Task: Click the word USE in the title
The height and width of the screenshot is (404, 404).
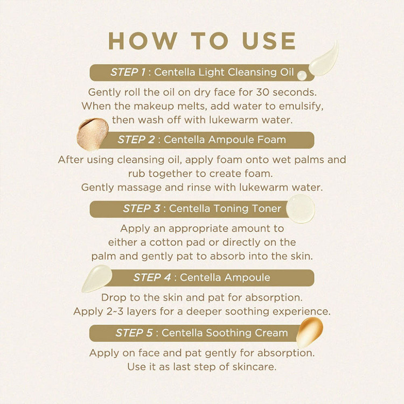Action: pyautogui.click(x=269, y=41)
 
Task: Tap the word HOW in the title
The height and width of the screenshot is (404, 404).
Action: pyautogui.click(x=143, y=41)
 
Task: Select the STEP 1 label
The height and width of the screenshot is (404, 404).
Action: pyautogui.click(x=128, y=72)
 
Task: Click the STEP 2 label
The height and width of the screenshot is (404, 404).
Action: pyautogui.click(x=136, y=140)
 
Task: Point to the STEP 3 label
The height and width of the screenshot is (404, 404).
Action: pyautogui.click(x=142, y=208)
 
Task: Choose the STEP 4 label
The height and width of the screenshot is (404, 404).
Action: pyautogui.click(x=152, y=277)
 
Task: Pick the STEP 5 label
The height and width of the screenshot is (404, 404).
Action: pyautogui.click(x=134, y=333)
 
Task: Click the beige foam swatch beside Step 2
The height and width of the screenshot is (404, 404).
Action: pyautogui.click(x=93, y=134)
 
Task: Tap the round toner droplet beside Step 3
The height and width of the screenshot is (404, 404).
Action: pyautogui.click(x=301, y=208)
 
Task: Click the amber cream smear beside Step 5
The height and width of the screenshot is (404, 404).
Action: pyautogui.click(x=309, y=332)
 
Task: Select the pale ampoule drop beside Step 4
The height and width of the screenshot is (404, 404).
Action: pyautogui.click(x=96, y=278)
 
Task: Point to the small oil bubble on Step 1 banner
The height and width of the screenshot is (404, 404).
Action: pyautogui.click(x=302, y=75)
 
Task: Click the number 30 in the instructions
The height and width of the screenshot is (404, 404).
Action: pyautogui.click(x=262, y=92)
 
